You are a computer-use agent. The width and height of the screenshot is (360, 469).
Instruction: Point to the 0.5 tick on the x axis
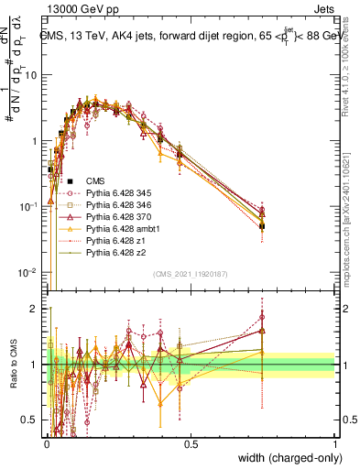191,443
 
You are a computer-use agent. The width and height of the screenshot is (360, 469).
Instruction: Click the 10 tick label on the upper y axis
33,75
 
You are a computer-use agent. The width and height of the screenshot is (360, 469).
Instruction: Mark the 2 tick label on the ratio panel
37,309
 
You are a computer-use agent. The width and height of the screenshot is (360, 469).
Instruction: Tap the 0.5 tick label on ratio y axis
32,420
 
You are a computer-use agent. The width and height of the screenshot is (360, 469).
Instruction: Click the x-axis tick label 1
334,443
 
